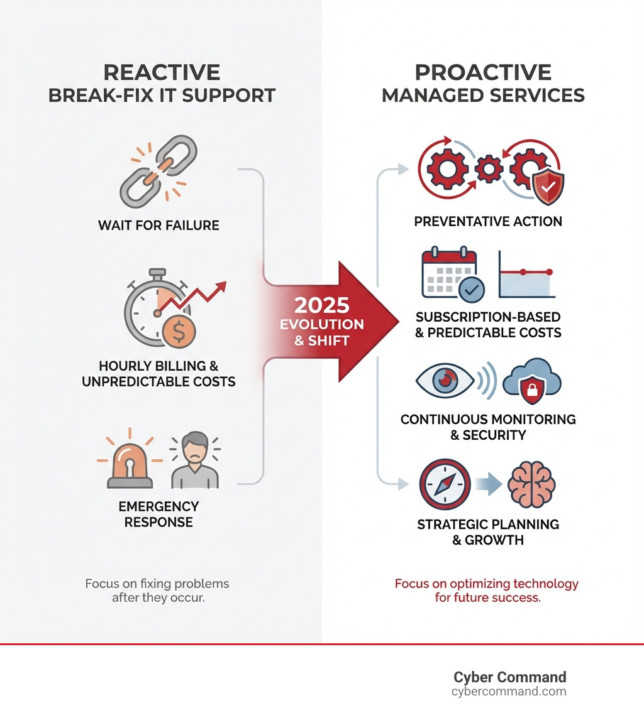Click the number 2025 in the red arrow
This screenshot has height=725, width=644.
pyautogui.click(x=322, y=305)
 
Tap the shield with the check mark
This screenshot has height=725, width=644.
pyautogui.click(x=548, y=185)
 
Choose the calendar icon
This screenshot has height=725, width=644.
pyautogui.click(x=450, y=275)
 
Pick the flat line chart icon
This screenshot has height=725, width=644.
pyautogui.click(x=528, y=275)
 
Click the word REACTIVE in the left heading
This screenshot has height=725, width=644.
pyautogui.click(x=162, y=72)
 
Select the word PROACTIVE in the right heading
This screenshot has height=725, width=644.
pyautogui.click(x=483, y=72)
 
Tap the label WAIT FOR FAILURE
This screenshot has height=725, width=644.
pyautogui.click(x=158, y=225)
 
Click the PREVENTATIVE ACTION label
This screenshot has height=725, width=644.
pyautogui.click(x=488, y=221)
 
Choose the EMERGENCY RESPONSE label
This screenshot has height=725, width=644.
pyautogui.click(x=158, y=514)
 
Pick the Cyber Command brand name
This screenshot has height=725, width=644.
pyautogui.click(x=509, y=677)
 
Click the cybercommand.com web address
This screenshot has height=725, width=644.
pyautogui.click(x=509, y=692)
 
